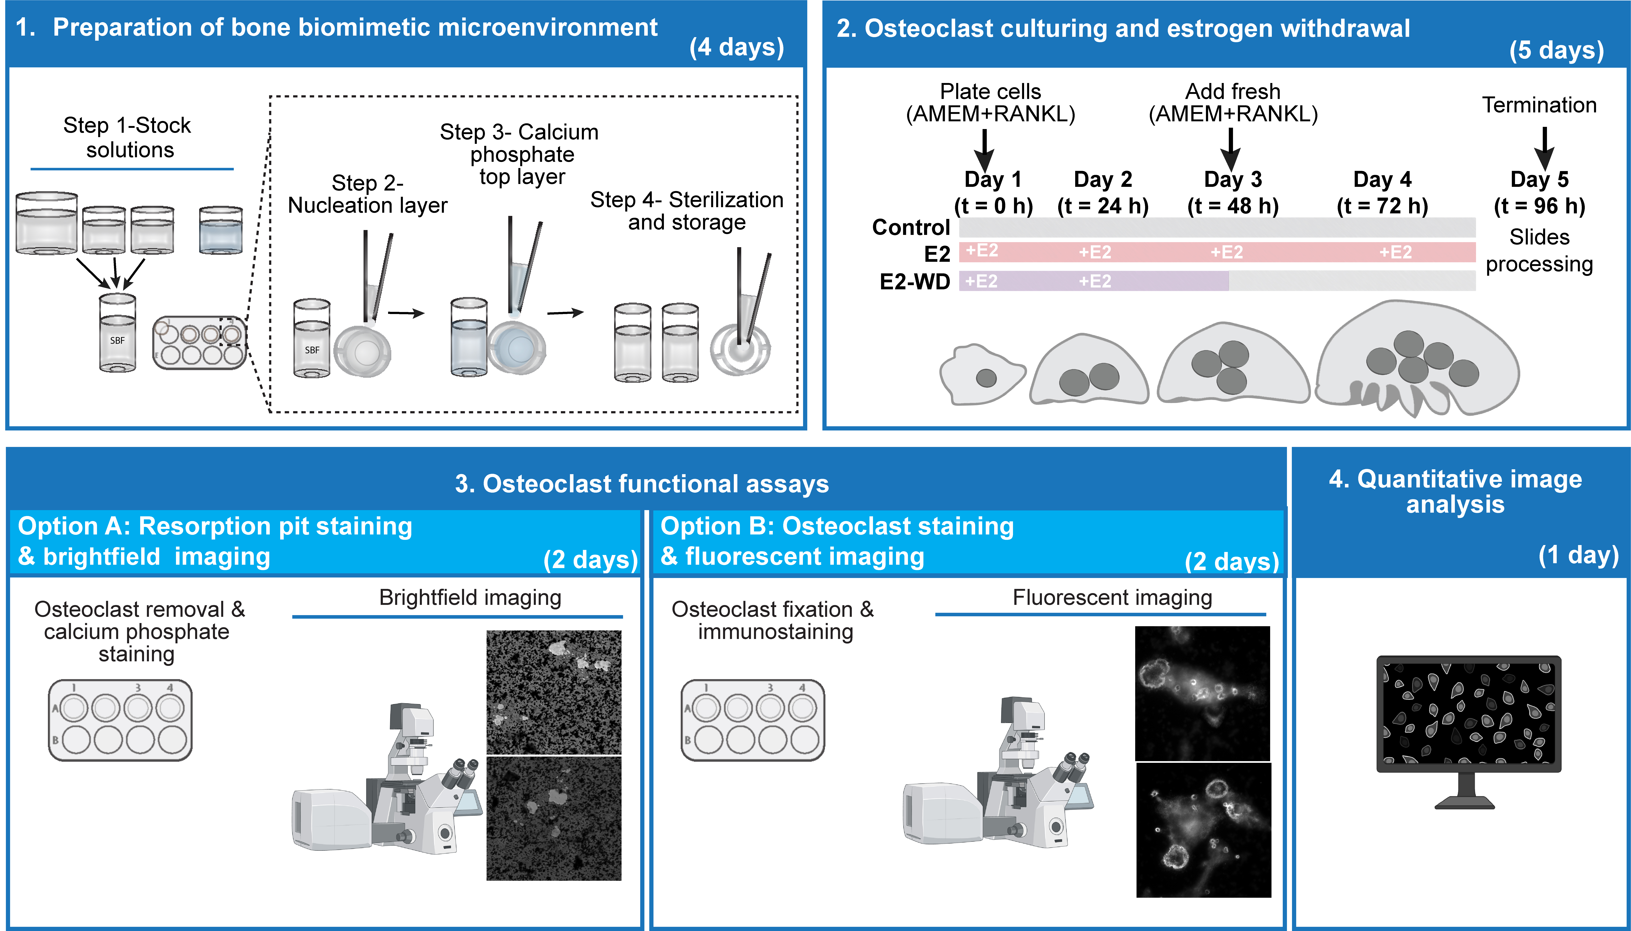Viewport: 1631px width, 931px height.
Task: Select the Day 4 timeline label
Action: pos(1382,192)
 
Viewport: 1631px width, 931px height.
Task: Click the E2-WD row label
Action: pos(915,281)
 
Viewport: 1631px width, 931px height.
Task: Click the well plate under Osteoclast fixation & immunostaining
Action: pos(753,720)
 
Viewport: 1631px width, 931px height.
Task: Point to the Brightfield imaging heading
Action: pos(470,597)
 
